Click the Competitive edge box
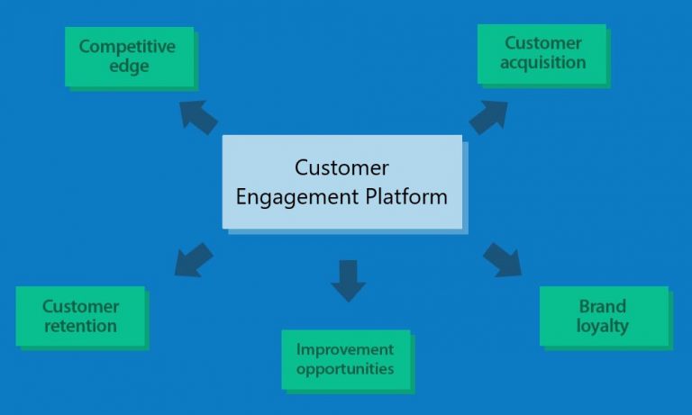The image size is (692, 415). [x=127, y=56]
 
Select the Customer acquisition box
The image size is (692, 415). [x=541, y=54]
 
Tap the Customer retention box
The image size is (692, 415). [x=80, y=316]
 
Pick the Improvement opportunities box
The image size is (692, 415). [x=345, y=359]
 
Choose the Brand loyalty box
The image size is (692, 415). [x=603, y=316]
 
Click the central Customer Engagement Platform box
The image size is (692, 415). [x=341, y=182]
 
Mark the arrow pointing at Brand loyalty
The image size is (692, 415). [x=502, y=259]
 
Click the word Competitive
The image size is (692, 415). [x=127, y=47]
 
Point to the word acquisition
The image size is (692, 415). [x=544, y=63]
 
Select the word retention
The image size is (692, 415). [x=80, y=326]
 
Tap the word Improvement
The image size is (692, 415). [x=345, y=349]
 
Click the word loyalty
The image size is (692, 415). [x=603, y=326]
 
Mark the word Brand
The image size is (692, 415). [x=603, y=306]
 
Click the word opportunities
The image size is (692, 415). [x=345, y=369]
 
